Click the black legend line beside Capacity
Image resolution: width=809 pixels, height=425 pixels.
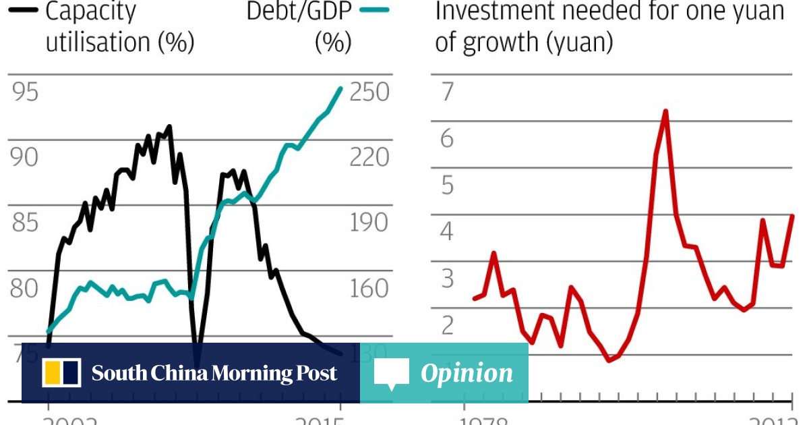[x=23, y=10]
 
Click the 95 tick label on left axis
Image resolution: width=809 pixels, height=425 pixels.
[x=24, y=92]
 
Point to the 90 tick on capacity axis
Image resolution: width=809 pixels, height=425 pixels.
[x=24, y=157]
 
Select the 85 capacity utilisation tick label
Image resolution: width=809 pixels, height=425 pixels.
[x=24, y=223]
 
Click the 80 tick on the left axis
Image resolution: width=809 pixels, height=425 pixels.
[x=24, y=288]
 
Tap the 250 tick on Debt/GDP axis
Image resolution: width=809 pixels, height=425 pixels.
[x=369, y=92]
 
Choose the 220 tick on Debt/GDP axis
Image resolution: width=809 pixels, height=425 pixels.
[x=369, y=157]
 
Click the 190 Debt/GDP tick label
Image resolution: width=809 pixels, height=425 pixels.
[x=369, y=223]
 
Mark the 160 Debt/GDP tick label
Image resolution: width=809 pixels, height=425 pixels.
[x=369, y=288]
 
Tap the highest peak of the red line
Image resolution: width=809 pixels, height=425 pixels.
[x=665, y=111]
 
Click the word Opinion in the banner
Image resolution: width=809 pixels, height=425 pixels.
[x=467, y=373]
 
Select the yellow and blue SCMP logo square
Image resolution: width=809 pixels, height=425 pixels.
[x=61, y=373]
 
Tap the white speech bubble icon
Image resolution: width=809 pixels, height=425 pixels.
[x=391, y=374]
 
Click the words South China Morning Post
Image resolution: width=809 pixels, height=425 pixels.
[x=214, y=373]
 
